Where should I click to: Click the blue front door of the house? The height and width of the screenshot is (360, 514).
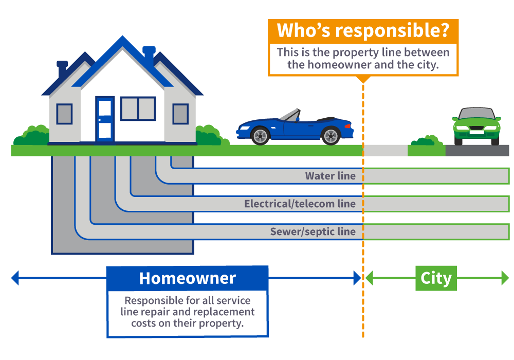tap(105, 119)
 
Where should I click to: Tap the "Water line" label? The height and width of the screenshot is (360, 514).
tap(330, 176)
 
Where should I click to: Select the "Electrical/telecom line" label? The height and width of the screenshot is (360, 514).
tap(300, 204)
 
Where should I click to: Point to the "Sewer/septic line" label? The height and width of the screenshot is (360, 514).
tap(313, 231)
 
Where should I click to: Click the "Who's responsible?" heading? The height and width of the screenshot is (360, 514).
tap(363, 31)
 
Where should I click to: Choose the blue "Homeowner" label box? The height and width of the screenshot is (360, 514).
tap(187, 278)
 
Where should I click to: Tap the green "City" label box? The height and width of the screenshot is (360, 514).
tap(436, 278)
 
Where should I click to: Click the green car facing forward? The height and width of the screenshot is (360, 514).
tap(476, 125)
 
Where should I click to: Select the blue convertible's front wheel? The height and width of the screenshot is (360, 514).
tap(261, 135)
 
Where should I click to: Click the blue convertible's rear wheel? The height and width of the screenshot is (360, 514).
tap(331, 135)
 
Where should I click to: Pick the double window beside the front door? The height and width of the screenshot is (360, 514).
tap(138, 109)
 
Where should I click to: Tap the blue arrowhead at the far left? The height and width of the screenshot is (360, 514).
tap(14, 278)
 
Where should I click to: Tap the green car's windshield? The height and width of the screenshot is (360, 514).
tap(476, 114)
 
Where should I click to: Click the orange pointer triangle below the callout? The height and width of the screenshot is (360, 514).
tap(363, 79)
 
